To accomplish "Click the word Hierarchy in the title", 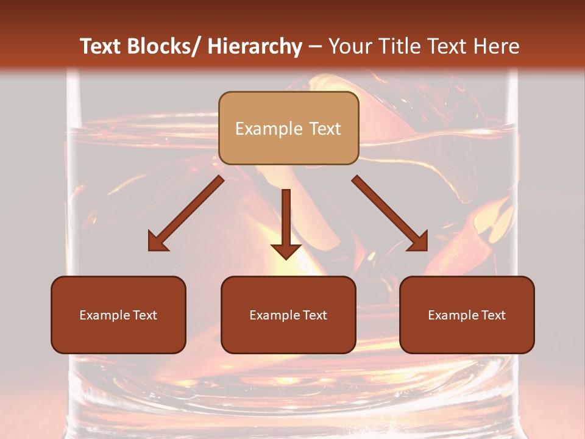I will coord(255,46).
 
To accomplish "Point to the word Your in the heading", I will coord(350,46).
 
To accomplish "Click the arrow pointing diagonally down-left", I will coord(189,211).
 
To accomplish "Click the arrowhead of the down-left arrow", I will coord(157,243).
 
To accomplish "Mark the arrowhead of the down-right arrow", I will coord(419,243).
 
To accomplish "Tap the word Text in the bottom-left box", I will coord(145,315).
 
